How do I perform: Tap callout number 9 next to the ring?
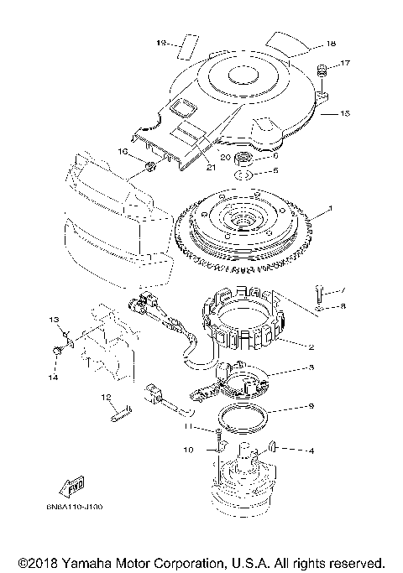click(311, 406)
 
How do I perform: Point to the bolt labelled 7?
click(320, 294)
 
